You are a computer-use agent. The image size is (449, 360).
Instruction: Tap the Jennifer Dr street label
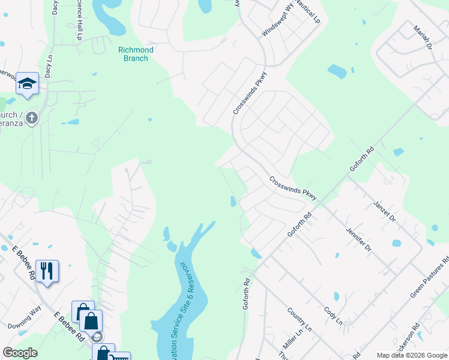(359, 239)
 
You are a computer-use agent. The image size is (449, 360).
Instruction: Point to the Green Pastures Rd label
(429, 278)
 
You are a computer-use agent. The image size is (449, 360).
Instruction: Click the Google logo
(20, 353)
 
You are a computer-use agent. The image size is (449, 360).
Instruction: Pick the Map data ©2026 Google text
(411, 355)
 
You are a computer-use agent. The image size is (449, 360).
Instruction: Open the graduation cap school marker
(27, 83)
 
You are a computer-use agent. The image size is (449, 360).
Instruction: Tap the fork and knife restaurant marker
(47, 271)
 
